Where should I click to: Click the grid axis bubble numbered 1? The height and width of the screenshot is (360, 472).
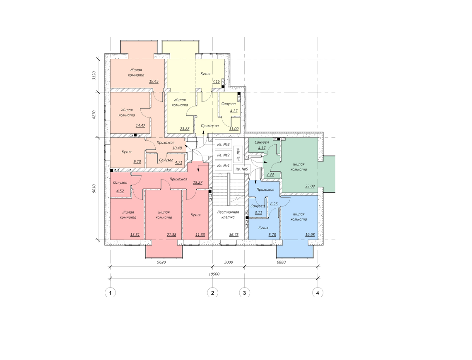pos(110,293)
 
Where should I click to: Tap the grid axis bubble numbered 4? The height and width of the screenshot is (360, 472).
pos(318,293)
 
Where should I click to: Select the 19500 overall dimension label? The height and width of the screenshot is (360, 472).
pos(214,274)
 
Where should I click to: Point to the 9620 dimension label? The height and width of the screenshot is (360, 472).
pos(161,262)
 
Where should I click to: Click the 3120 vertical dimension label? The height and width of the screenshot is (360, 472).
pos(94,75)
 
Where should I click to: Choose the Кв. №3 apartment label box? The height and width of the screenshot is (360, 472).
pos(223,145)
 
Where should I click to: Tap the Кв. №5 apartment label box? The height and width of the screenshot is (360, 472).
pos(242,169)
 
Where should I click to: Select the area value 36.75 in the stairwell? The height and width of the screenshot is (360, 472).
pos(234,235)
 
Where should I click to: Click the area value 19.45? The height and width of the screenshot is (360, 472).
pos(154,81)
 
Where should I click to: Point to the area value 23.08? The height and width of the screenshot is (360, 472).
pos(310,186)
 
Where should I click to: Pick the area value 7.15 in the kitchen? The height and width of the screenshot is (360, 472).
pos(216,82)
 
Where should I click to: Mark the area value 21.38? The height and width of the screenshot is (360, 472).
pos(171,235)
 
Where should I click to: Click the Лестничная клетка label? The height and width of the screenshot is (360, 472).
pos(228,215)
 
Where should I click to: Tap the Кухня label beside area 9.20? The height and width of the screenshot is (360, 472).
pos(126,152)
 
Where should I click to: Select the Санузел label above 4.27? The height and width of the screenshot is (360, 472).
pos(229,104)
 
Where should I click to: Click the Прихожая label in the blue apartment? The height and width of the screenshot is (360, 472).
pos(265,190)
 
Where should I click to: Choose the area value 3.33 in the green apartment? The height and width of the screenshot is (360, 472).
pos(270,175)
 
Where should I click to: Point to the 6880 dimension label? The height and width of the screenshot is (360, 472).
pos(281,262)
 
